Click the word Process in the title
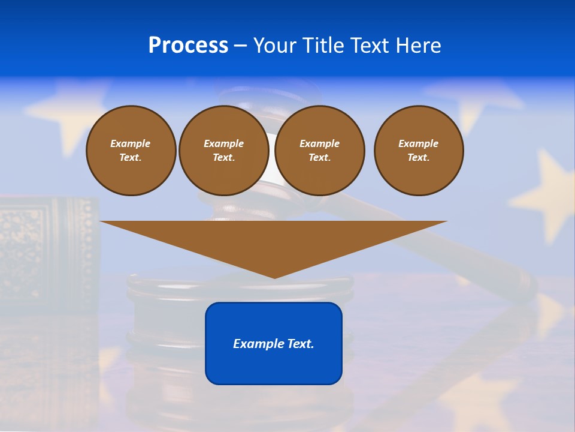pyautogui.click(x=188, y=46)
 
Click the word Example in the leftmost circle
pyautogui.click(x=131, y=143)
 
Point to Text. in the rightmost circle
pyautogui.click(x=418, y=157)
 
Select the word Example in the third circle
pyautogui.click(x=319, y=143)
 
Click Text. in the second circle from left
pyautogui.click(x=224, y=157)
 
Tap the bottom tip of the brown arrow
pyautogui.click(x=274, y=277)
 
